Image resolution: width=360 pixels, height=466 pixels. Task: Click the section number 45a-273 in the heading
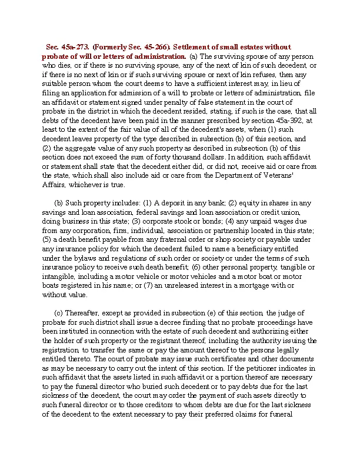pyautogui.click(x=74, y=46)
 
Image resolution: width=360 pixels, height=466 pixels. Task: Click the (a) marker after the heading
pyautogui.click(x=194, y=56)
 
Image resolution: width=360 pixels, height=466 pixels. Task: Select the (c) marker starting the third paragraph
pyautogui.click(x=59, y=312)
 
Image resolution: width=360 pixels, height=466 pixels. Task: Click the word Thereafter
pyautogui.click(x=85, y=312)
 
